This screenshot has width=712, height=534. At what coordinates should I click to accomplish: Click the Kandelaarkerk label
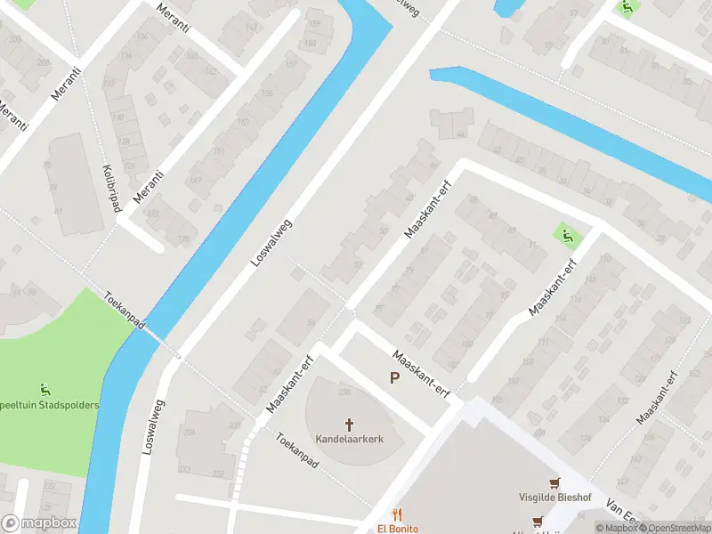[349, 439]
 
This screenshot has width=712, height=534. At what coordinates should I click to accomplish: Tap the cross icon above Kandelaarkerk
[349, 425]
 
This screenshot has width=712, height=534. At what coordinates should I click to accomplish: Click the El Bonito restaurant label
[397, 528]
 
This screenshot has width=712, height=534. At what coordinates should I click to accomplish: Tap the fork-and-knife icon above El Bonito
[397, 514]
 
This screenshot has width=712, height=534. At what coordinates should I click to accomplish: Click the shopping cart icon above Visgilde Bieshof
[555, 483]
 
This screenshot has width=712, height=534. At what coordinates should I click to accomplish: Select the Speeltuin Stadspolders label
[49, 405]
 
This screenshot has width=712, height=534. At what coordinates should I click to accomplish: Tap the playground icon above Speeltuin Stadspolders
[44, 389]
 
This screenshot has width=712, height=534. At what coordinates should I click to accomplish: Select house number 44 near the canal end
[461, 133]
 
